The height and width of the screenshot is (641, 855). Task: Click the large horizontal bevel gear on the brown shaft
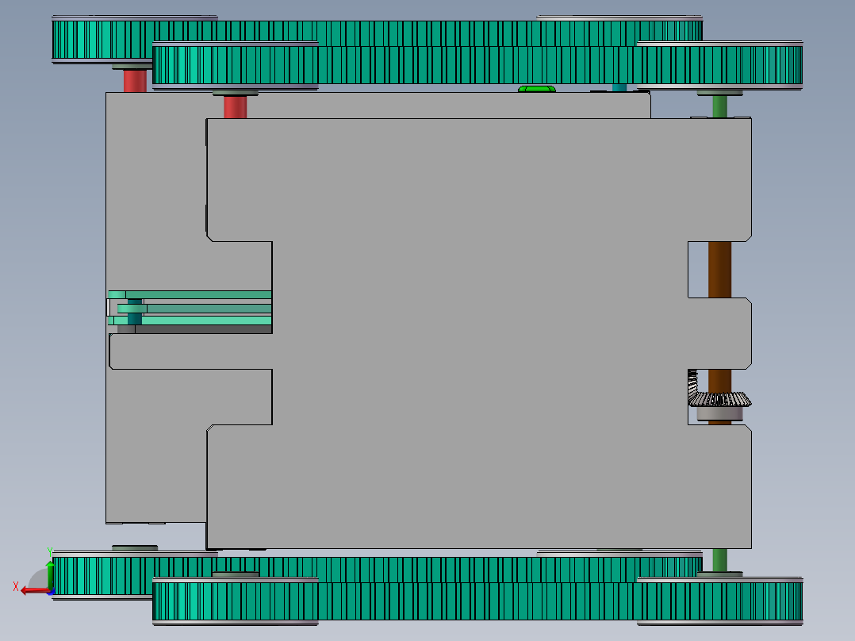722,399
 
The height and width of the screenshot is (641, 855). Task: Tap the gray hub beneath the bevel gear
720,413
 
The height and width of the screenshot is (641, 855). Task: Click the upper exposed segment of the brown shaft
719,269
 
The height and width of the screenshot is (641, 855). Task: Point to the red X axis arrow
33,589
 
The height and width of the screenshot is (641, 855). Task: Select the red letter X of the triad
16,586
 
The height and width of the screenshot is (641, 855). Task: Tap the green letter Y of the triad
49,550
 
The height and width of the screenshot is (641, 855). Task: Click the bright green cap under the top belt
536,89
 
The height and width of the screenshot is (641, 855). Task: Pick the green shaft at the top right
719,106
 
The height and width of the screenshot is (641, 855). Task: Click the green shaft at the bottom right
719,559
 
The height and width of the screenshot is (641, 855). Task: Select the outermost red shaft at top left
135,81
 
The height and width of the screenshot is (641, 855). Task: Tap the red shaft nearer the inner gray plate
235,107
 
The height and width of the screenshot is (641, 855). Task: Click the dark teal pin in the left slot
135,311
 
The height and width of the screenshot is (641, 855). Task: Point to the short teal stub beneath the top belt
619,87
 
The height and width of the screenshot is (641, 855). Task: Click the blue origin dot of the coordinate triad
50,590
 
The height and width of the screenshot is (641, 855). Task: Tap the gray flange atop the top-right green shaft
719,94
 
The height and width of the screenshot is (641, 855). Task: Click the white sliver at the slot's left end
109,307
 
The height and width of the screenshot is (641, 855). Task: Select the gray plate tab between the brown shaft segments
719,333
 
